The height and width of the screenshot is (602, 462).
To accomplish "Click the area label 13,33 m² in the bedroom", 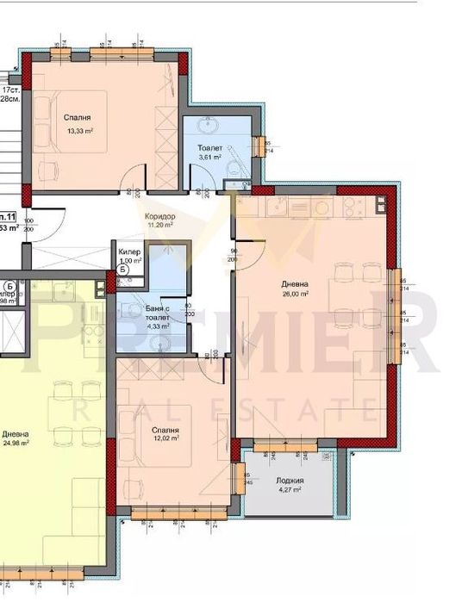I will click(80, 131).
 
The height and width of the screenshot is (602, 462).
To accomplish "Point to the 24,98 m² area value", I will click(15, 443).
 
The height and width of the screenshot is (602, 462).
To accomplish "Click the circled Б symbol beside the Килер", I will click(123, 270).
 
